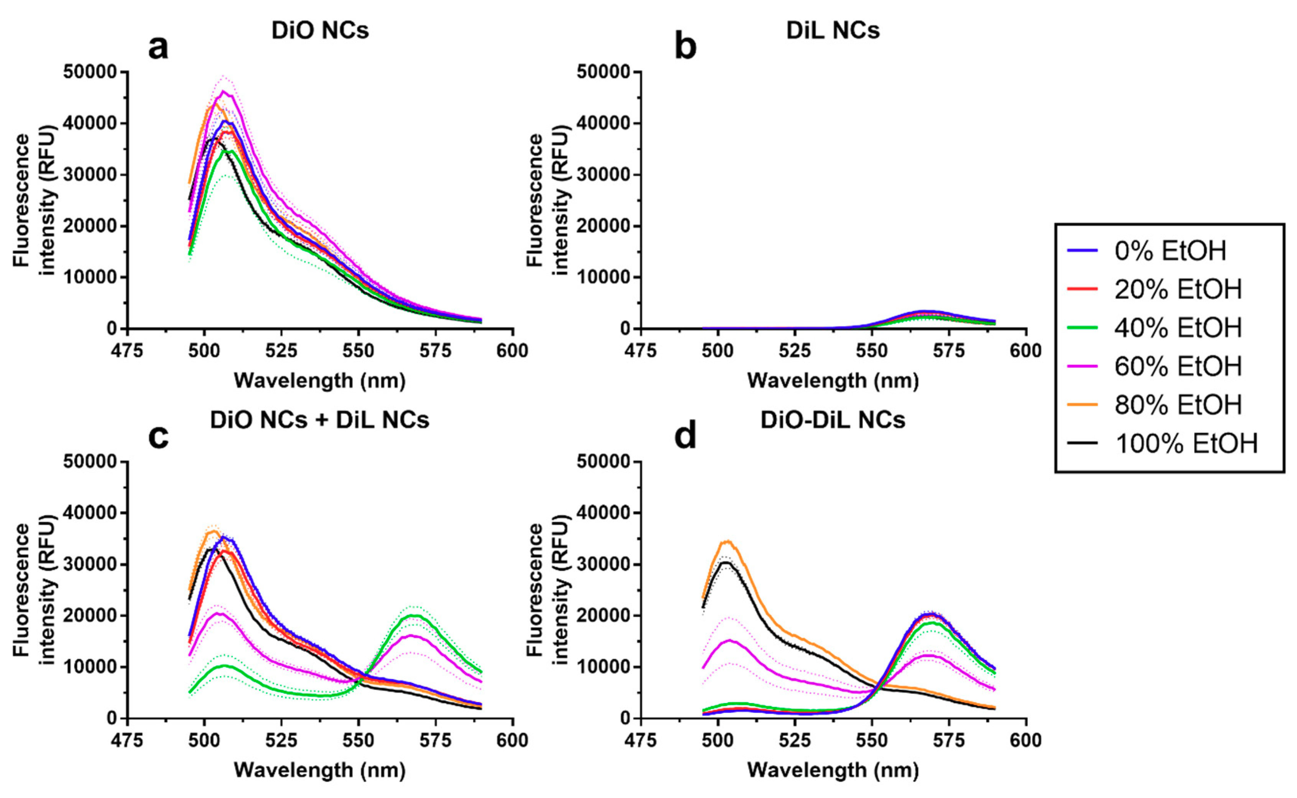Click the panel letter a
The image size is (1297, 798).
pyautogui.click(x=158, y=48)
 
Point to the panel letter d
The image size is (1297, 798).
pyautogui.click(x=685, y=437)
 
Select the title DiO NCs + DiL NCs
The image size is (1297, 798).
pyautogui.click(x=319, y=420)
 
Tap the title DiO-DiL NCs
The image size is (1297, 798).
pyautogui.click(x=833, y=420)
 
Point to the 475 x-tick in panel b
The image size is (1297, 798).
pyautogui.click(x=640, y=351)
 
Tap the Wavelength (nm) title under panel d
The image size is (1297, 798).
pyautogui.click(x=833, y=770)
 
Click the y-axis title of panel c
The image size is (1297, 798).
pyautogui.click(x=35, y=590)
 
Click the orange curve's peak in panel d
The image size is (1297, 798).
pyautogui.click(x=728, y=541)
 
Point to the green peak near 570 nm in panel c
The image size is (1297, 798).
pyautogui.click(x=415, y=616)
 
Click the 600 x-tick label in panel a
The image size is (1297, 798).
pyautogui.click(x=512, y=351)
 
